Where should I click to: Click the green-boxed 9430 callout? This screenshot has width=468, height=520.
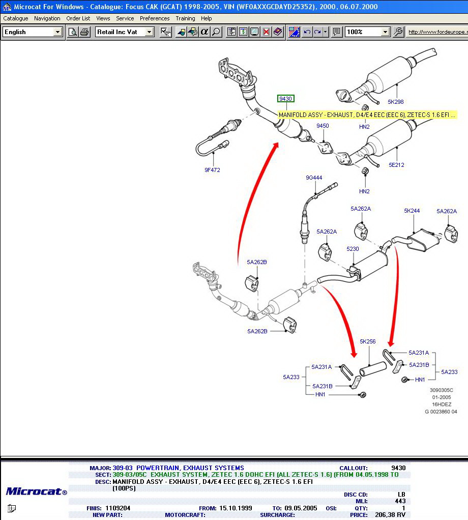286,99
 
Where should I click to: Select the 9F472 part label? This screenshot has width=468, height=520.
212,170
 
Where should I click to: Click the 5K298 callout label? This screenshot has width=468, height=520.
395,102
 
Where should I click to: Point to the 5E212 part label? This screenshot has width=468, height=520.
396,165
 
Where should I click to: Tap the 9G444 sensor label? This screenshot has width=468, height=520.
314,178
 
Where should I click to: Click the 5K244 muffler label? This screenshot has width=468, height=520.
412,211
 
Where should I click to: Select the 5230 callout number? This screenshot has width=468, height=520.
353,249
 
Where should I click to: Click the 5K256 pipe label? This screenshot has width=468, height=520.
367,341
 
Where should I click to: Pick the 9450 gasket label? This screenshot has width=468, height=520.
323,126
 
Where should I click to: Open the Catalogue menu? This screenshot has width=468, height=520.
16,18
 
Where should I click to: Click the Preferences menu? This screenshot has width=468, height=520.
155,18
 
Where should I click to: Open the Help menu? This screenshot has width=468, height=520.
206,18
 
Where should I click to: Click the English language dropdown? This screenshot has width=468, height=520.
32,32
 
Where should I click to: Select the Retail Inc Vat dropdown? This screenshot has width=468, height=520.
124,32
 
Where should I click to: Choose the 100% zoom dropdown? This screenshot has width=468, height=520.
367,32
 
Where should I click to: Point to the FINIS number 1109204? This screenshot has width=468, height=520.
118,508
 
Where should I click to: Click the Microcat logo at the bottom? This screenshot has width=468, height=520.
36,492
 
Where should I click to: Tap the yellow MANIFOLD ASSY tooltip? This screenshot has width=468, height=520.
367,115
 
